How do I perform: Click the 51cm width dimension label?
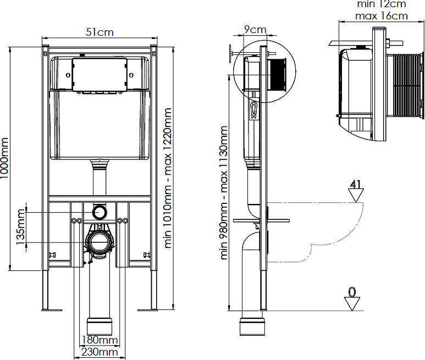(100, 32)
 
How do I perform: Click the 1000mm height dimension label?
(4, 158)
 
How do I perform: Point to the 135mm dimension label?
(20, 227)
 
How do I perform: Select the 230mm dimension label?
(100, 352)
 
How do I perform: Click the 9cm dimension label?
(255, 29)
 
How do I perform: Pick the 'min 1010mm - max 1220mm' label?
(168, 178)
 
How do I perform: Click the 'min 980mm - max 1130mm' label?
(224, 192)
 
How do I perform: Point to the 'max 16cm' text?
(382, 16)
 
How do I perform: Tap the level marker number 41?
(356, 184)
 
